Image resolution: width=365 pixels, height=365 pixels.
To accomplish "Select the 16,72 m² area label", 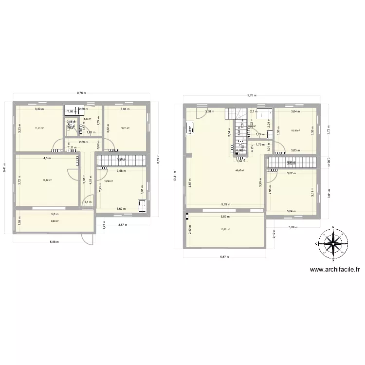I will click(47, 180).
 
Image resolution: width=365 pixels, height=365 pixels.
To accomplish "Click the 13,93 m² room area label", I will click(225, 230).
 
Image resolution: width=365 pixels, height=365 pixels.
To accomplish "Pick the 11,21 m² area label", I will click(39, 128).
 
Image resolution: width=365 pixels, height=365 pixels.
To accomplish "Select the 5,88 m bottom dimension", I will click(54, 244).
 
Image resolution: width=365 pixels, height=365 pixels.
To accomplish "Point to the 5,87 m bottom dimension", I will click(224, 258).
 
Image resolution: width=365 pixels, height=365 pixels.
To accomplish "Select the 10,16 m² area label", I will click(295, 130).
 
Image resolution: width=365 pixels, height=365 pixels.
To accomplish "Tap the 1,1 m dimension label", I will click(88, 202).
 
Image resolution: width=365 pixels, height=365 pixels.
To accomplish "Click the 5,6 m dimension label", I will click(55, 214).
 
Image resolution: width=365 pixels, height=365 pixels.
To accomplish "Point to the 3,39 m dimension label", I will click(38, 109).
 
